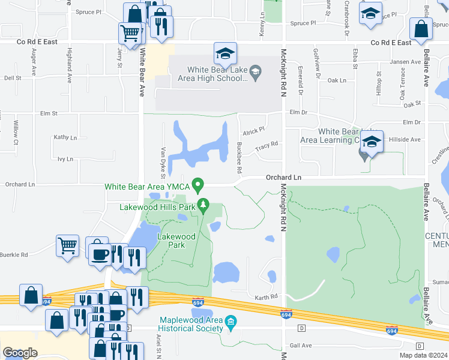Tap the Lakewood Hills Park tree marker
[x=203, y=206]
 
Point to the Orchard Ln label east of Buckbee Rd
[x=283, y=178]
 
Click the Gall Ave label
[x=301, y=345]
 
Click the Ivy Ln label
[x=65, y=159]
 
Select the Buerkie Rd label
[x=14, y=254]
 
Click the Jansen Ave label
[x=405, y=62]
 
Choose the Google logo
[x=20, y=352]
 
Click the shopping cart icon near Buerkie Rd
[x=67, y=245]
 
